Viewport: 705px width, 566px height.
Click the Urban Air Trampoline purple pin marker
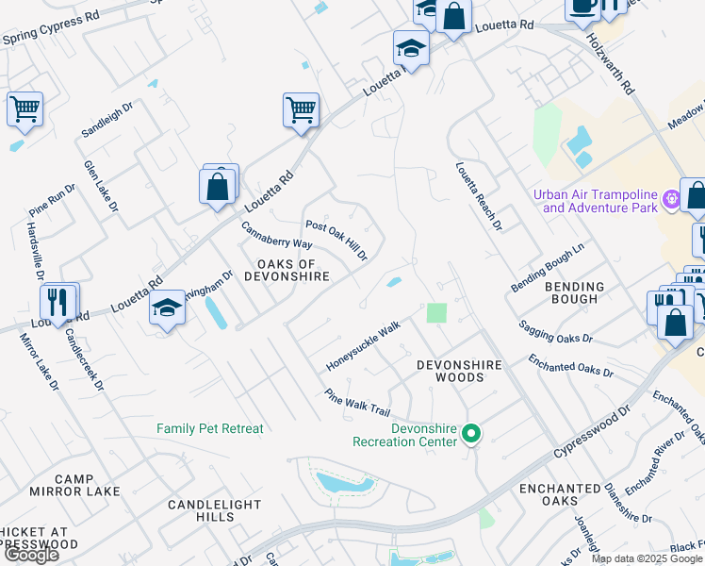click(x=670, y=199)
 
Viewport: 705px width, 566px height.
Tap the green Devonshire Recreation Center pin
click(x=471, y=435)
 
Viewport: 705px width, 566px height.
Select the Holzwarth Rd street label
click(x=611, y=64)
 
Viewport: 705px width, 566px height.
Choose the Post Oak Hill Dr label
click(x=336, y=241)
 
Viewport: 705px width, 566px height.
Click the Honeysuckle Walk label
click(x=364, y=345)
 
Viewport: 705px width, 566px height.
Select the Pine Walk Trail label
click(x=356, y=403)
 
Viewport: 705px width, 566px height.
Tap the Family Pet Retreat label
click(x=210, y=428)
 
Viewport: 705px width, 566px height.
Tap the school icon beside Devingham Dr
click(x=167, y=309)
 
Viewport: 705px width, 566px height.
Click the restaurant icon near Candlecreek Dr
click(x=58, y=302)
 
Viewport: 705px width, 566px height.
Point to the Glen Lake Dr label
click(x=101, y=185)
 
